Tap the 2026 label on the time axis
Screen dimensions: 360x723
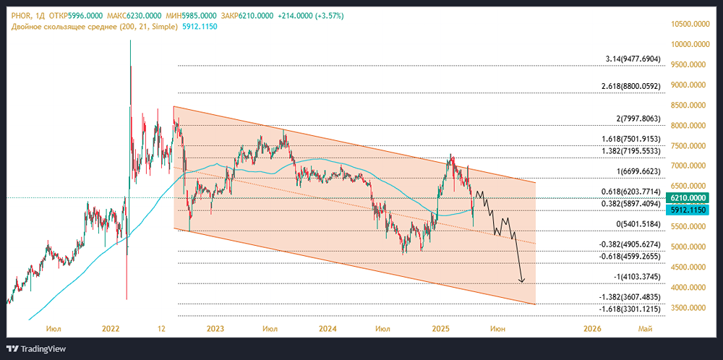pyautogui.click(x=592, y=329)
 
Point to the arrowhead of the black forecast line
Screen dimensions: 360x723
pyautogui.click(x=522, y=280)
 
